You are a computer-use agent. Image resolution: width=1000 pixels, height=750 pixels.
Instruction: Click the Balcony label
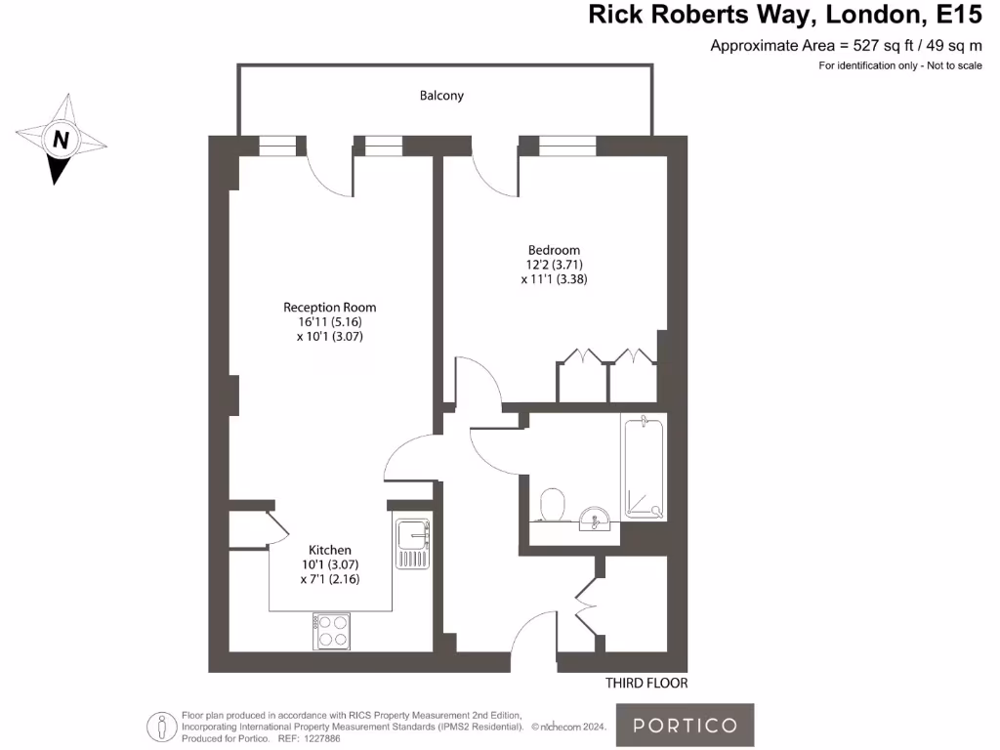point(441,96)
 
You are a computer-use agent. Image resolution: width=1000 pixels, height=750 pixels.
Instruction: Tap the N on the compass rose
point(61,140)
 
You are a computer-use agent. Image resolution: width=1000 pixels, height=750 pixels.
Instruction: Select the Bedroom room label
point(554,250)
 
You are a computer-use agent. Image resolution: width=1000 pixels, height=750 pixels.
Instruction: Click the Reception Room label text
point(329,307)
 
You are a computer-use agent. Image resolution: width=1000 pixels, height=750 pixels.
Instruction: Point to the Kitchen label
point(330,550)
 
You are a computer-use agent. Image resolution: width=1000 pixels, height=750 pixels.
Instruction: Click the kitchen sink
point(413,544)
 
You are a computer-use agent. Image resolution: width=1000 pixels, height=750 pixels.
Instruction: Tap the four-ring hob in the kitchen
point(332,631)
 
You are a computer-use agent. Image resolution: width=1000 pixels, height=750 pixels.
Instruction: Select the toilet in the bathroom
point(554,505)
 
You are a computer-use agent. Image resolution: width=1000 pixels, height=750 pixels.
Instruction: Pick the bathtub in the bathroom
point(644,467)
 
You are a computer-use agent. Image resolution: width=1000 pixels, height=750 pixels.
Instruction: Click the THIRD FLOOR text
point(646,684)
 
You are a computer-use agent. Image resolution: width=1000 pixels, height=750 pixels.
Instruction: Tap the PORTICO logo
point(685,725)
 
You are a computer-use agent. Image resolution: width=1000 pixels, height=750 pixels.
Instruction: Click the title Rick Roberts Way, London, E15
point(783,15)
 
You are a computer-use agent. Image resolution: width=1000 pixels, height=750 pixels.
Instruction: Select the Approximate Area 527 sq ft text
point(845,45)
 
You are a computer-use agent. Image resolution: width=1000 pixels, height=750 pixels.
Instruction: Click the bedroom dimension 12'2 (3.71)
point(554,265)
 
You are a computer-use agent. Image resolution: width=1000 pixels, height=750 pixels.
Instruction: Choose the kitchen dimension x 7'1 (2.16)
point(330,579)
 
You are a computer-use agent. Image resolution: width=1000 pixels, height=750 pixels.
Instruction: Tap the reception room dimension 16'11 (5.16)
point(329,321)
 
